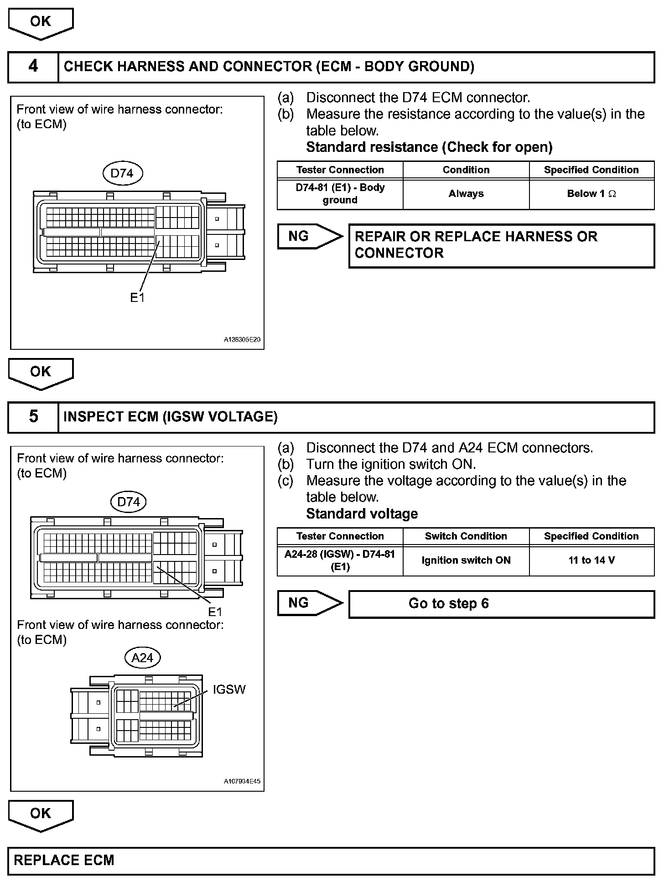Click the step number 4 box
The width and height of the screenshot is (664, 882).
(x=33, y=67)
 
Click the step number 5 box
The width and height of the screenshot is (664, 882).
(x=33, y=416)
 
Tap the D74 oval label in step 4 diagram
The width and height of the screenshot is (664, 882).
(x=122, y=173)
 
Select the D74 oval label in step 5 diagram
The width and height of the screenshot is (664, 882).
(x=128, y=502)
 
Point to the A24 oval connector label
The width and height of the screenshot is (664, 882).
(x=142, y=658)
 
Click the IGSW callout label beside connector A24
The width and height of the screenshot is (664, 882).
(x=229, y=690)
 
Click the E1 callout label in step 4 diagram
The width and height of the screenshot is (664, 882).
(x=137, y=298)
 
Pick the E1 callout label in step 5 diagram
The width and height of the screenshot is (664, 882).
(x=215, y=612)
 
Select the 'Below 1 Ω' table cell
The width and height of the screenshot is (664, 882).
(x=591, y=194)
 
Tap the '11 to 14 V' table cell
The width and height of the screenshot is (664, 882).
(x=591, y=560)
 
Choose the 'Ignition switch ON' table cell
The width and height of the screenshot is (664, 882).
(x=466, y=560)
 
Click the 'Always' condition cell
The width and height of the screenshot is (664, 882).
(x=466, y=194)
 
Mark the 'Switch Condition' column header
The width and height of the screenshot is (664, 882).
(x=466, y=536)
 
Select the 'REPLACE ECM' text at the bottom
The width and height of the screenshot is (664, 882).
(x=64, y=860)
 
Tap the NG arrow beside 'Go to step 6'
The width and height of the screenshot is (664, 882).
(x=309, y=603)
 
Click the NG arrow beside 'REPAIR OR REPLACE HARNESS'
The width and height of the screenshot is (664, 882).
(x=309, y=236)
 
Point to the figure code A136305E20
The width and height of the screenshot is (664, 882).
(x=242, y=340)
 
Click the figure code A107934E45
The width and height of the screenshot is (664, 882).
(x=242, y=781)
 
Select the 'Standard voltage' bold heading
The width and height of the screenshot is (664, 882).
(x=362, y=514)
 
